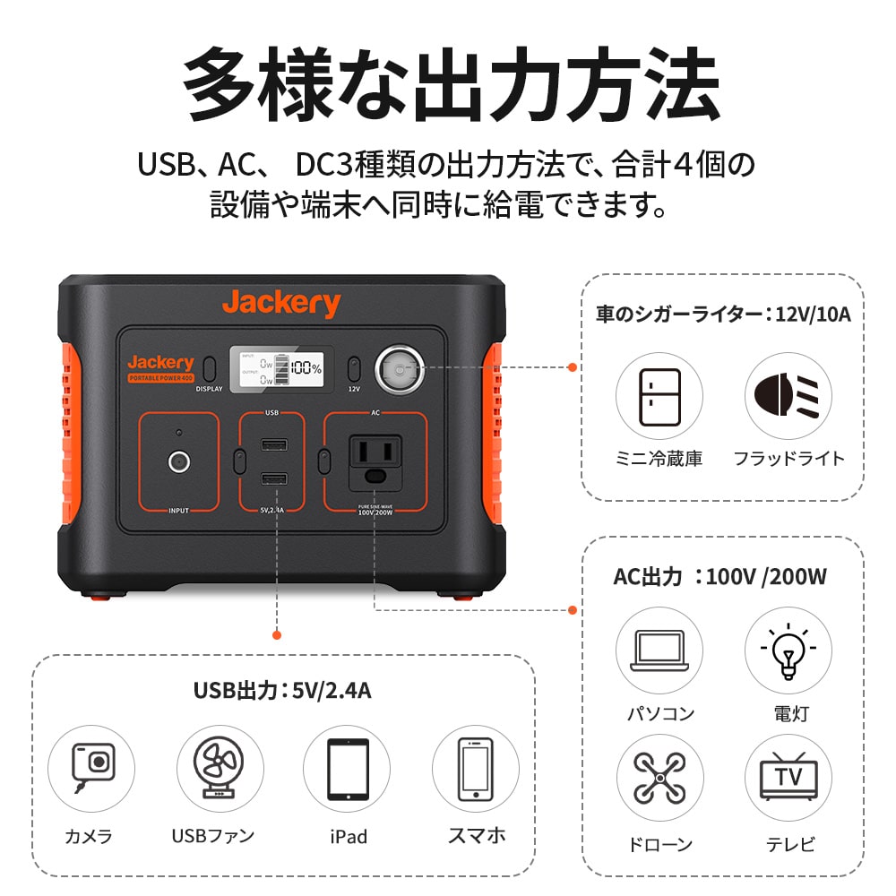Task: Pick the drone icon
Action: click(659, 777)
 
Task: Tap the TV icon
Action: click(788, 777)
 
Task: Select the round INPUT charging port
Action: click(179, 461)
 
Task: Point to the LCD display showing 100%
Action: click(281, 368)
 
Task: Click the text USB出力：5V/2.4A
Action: click(282, 691)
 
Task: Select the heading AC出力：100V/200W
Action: click(719, 576)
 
